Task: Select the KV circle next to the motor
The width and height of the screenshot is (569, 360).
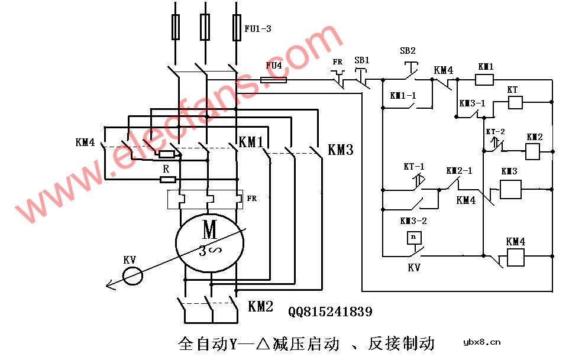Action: tap(132, 275)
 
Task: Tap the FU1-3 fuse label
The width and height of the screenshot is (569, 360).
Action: tap(257, 28)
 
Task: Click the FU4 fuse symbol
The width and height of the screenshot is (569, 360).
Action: tap(273, 80)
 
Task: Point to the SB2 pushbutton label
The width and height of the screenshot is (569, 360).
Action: tap(408, 51)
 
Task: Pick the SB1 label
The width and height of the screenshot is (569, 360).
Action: tap(361, 60)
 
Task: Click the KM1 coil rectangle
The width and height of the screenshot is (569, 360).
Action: tap(484, 80)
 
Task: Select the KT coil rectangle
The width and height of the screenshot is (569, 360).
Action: tap(515, 102)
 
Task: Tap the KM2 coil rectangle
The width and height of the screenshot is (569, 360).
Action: tap(534, 152)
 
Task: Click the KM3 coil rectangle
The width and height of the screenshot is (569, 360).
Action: tap(510, 189)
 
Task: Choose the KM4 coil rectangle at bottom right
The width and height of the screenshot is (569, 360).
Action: tap(515, 257)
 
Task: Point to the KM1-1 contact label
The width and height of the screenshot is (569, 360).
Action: tap(403, 95)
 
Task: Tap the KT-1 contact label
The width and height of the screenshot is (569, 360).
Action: tap(413, 167)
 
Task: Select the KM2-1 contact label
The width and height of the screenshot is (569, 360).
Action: tap(459, 171)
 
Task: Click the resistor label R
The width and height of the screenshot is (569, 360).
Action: tap(166, 168)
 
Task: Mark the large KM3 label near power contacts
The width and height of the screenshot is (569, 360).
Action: tap(340, 150)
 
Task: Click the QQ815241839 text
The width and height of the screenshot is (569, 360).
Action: tap(331, 312)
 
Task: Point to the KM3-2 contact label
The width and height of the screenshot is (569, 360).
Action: tap(412, 221)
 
